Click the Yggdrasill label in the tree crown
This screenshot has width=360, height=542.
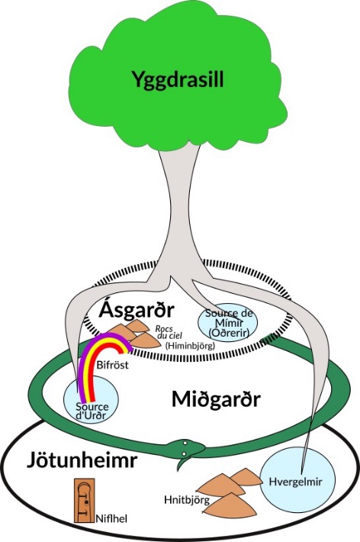pos(178,79)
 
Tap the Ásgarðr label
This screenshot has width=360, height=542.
pos(137,310)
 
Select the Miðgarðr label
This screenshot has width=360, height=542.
pos(216,399)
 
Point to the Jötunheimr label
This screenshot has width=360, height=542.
pos(82,460)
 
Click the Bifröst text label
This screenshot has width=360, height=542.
pos(113,365)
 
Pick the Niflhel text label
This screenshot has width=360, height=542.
pos(111,518)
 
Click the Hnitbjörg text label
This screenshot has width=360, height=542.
pos(187,500)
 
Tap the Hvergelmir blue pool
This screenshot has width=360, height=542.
pos(297,479)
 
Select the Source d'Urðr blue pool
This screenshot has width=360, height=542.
pos(91,399)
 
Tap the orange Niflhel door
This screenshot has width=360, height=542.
pos(85,500)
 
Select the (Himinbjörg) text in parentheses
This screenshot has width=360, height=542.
pos(190,345)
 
